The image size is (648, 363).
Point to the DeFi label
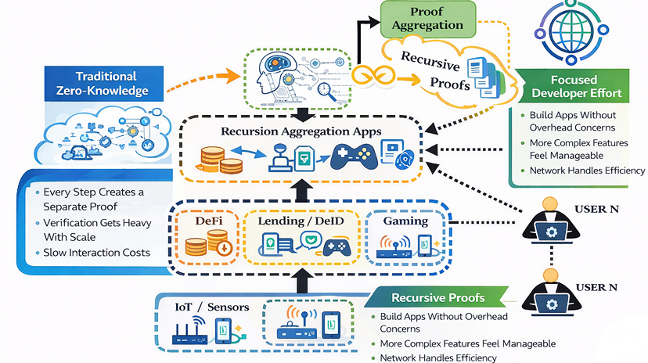tap(208, 221)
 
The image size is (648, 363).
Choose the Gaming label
tap(405, 221)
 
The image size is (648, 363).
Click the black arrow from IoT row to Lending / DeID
tap(301, 279)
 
